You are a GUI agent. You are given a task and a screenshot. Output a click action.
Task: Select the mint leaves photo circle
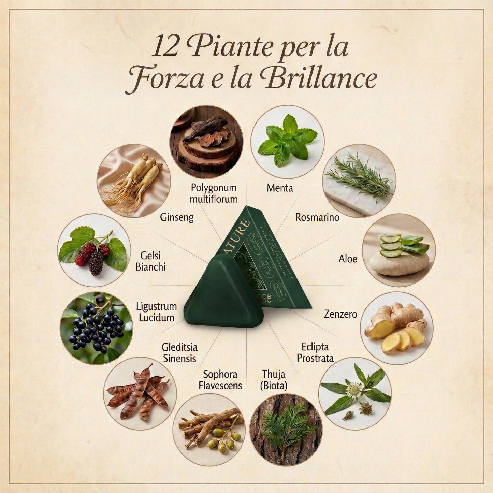pyautogui.click(x=287, y=142)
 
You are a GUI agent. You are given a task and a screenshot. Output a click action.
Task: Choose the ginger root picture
pyautogui.click(x=396, y=328)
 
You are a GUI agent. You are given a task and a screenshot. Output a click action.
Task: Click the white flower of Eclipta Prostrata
pyautogui.click(x=354, y=390)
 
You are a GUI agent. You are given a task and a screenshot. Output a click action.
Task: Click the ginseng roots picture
pyautogui.click(x=133, y=180)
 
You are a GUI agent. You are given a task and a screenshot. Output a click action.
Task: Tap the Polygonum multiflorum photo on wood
pyautogui.click(x=206, y=142)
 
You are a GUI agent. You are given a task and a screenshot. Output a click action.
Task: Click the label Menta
pyautogui.click(x=280, y=188)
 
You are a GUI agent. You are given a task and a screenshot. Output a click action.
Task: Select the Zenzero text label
pyautogui.click(x=340, y=314)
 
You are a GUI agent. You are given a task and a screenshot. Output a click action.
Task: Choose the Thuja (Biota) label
pyautogui.click(x=274, y=380)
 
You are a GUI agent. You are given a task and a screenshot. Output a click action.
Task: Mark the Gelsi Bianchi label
pyautogui.click(x=150, y=261)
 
